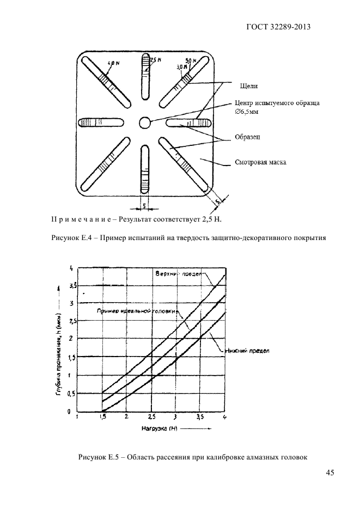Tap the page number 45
[330, 473]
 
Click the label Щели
[248, 85]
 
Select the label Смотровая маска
[260, 162]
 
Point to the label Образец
[247, 137]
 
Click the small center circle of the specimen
[144, 122]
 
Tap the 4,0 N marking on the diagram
[113, 64]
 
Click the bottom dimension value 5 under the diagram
[144, 206]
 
